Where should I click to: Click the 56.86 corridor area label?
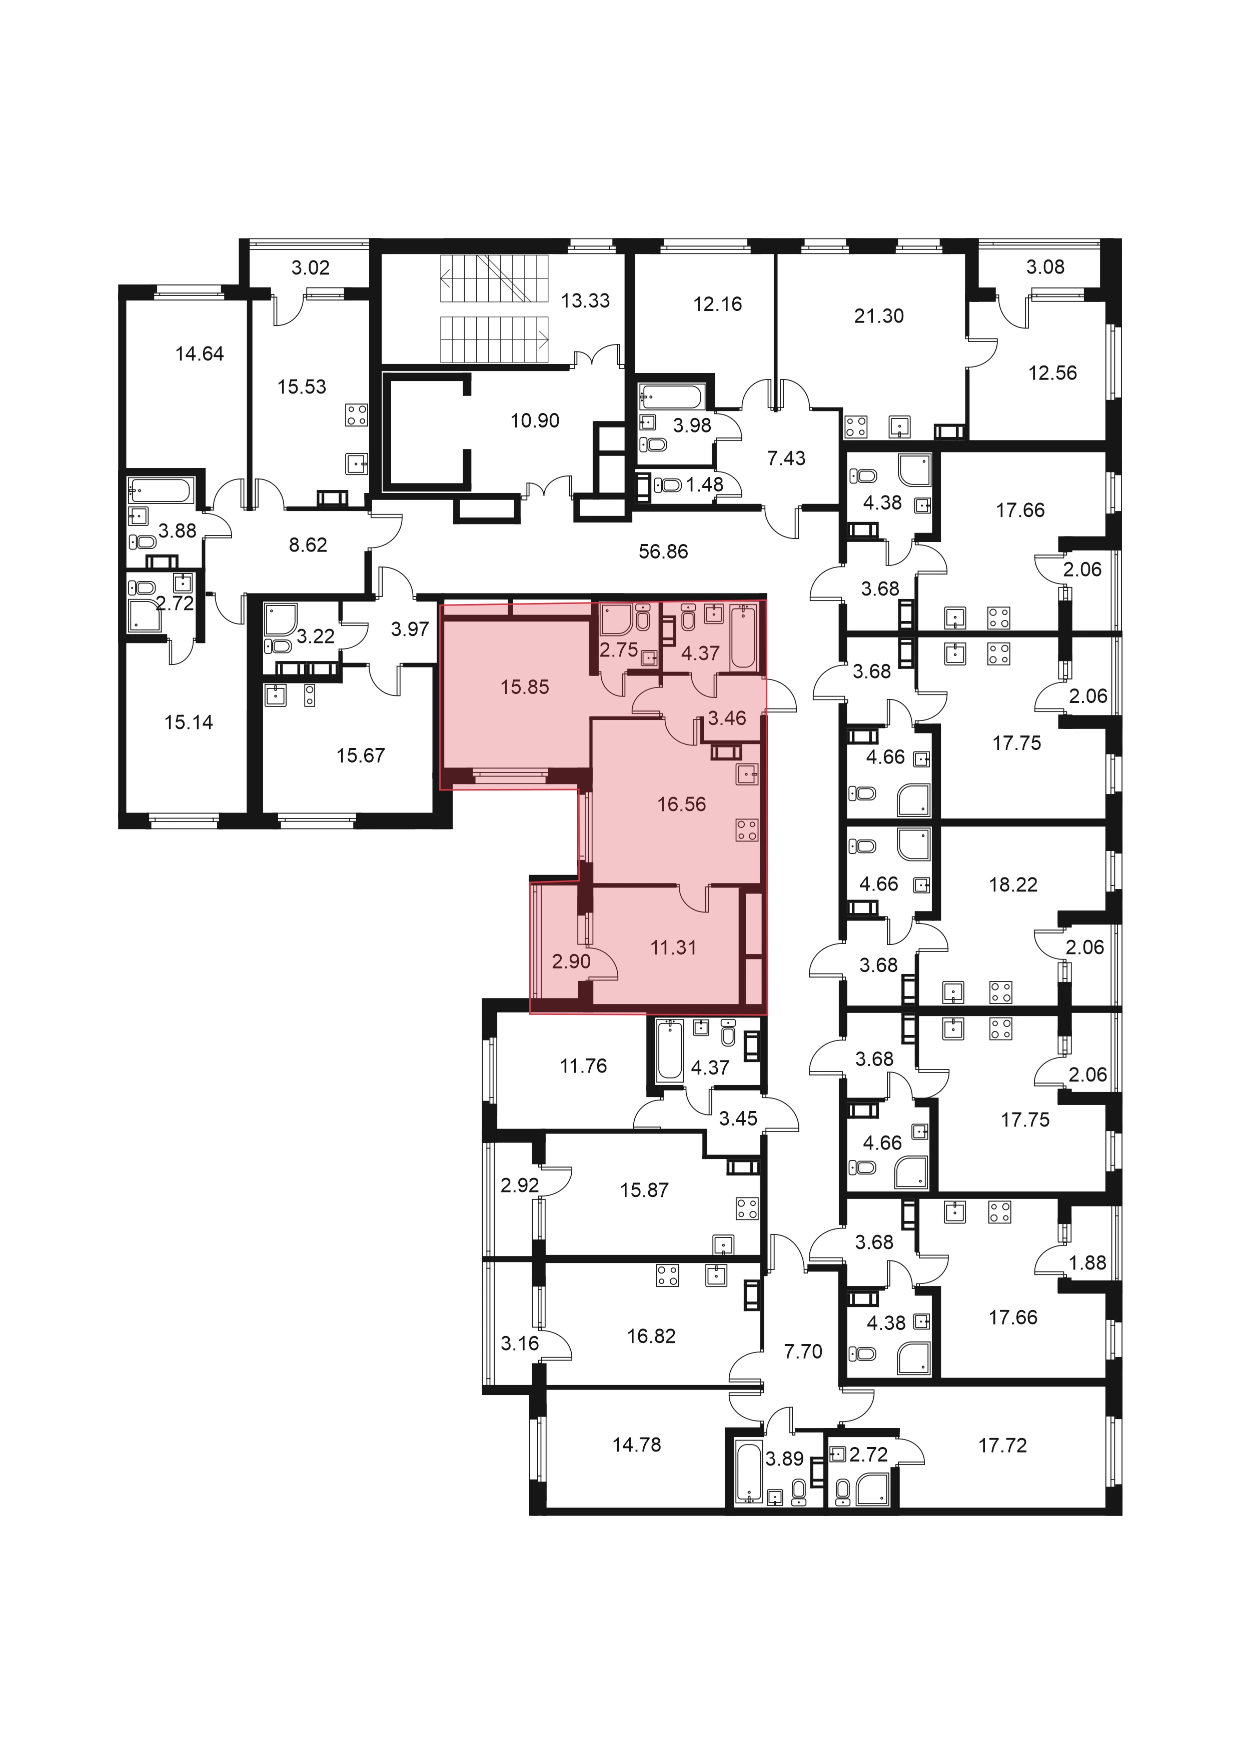[663, 551]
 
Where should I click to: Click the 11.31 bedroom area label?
[673, 947]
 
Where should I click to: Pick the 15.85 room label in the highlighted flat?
[525, 687]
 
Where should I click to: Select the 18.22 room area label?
[1013, 884]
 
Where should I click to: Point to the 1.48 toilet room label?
[705, 484]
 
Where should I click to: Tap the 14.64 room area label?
[200, 353]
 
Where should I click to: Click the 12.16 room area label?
[718, 303]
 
